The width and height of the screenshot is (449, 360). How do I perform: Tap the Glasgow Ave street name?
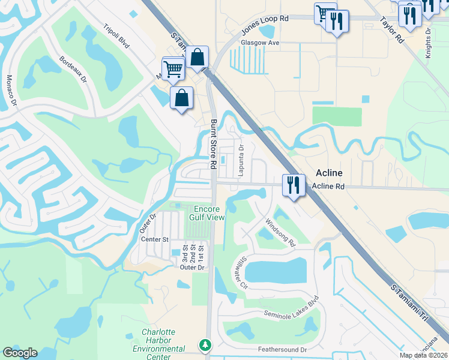point(260,43)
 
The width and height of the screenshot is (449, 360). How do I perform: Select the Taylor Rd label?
point(391,29)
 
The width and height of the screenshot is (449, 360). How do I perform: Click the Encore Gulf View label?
point(208,213)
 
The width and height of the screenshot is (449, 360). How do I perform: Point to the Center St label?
point(154,239)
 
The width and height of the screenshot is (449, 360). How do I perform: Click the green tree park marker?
point(206,345)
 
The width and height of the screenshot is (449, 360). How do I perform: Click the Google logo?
point(20,353)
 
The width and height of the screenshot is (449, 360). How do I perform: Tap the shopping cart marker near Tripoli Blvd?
point(173,68)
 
